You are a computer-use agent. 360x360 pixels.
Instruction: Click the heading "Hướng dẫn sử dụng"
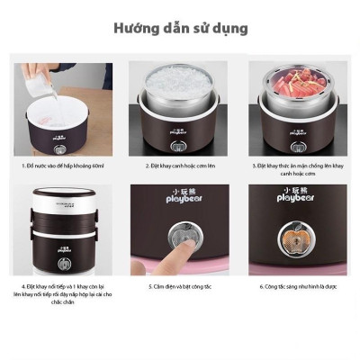click(180, 28)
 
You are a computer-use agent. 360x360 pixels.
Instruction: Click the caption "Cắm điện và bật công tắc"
click(180, 286)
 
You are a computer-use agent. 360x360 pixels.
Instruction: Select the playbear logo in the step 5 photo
click(180, 195)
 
